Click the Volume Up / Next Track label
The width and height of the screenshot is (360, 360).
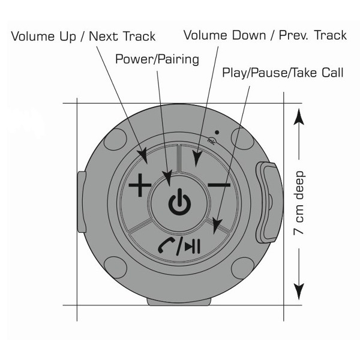pos(83,36)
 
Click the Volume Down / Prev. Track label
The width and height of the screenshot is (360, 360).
pos(265,35)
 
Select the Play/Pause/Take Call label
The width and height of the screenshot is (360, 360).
pos(283,73)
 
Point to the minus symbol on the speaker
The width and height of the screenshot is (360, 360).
pos(220,185)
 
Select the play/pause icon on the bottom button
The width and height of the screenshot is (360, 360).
pos(192,245)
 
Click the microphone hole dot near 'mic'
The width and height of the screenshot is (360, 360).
pos(216,133)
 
